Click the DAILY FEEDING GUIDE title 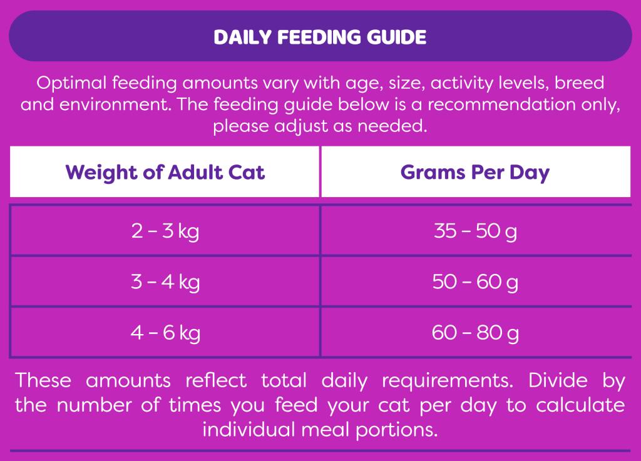[320, 37]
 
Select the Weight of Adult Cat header [165, 172]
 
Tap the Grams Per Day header [475, 173]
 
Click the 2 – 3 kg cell [165, 231]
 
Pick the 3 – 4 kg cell [165, 281]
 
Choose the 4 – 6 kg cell [165, 333]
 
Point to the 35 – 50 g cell [476, 231]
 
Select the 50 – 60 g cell [476, 281]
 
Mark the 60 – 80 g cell [476, 333]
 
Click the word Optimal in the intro [71, 84]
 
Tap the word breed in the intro [579, 83]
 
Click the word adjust [300, 126]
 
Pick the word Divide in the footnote [558, 380]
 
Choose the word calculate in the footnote [580, 405]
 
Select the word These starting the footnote [43, 380]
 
